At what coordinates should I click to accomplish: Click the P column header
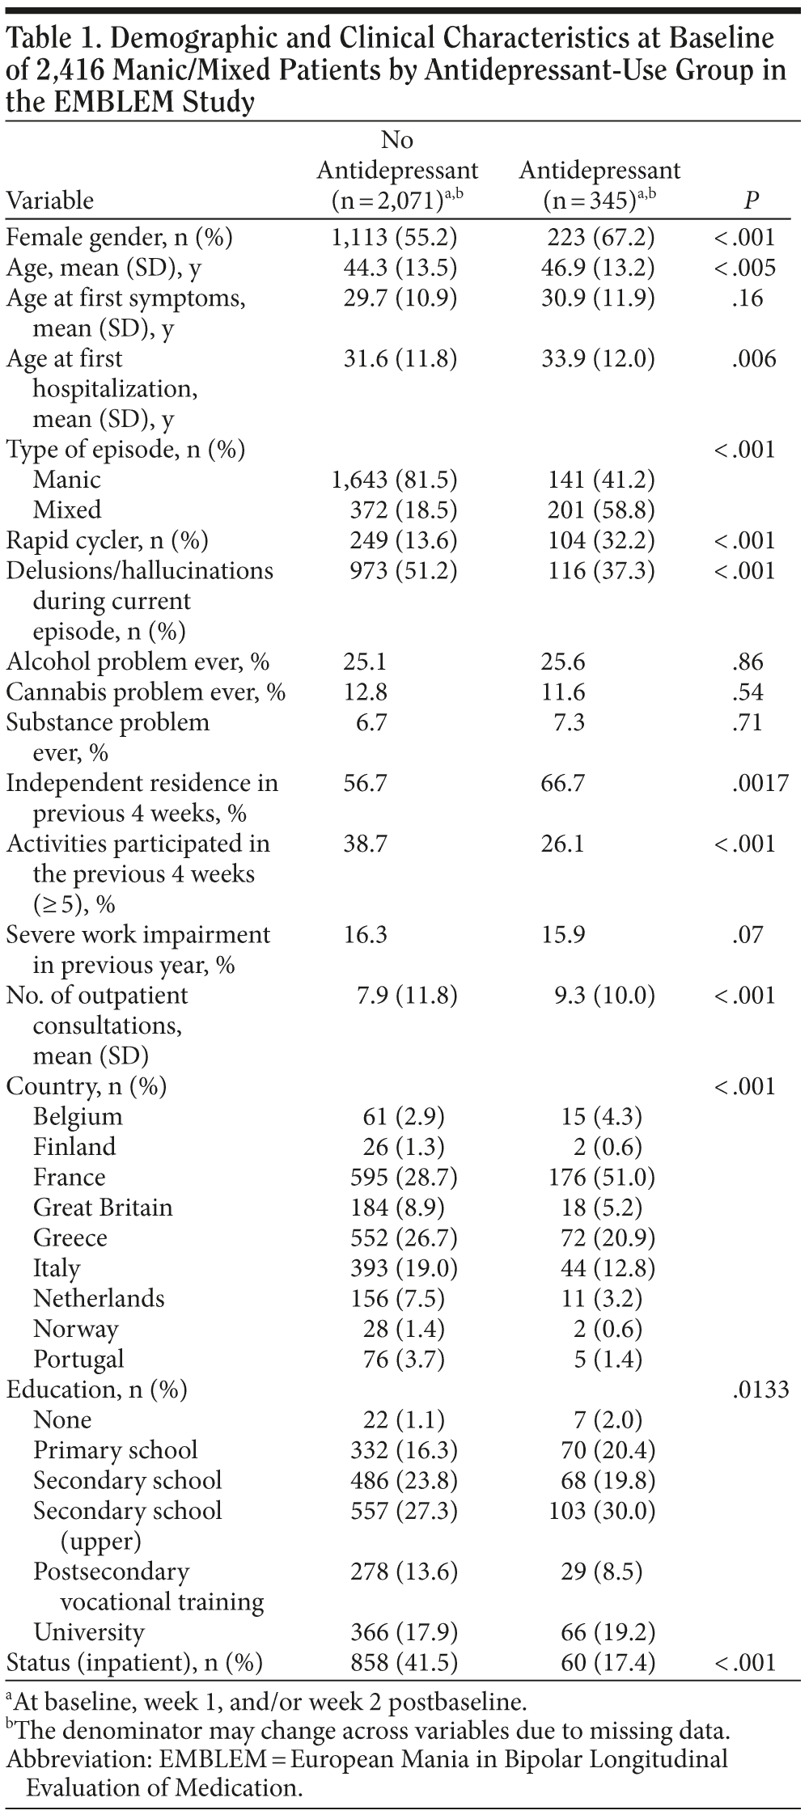pos(752,201)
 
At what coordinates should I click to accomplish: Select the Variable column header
pos(50,201)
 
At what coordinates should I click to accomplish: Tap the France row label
pos(69,1177)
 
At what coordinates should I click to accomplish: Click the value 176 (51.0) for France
pos(601,1177)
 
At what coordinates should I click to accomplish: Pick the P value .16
pos(751,298)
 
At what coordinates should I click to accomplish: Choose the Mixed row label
pos(67,510)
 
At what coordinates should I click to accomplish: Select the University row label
pos(89,1632)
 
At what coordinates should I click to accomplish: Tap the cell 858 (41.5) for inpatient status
pos(404,1662)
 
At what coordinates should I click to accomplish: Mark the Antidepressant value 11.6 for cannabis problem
pos(562,692)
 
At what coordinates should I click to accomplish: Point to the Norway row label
pos(75,1329)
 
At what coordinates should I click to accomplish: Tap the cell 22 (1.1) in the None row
pos(404,1419)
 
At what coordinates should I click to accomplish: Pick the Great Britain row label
pos(103,1208)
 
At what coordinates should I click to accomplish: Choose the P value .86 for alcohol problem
pos(751,662)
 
